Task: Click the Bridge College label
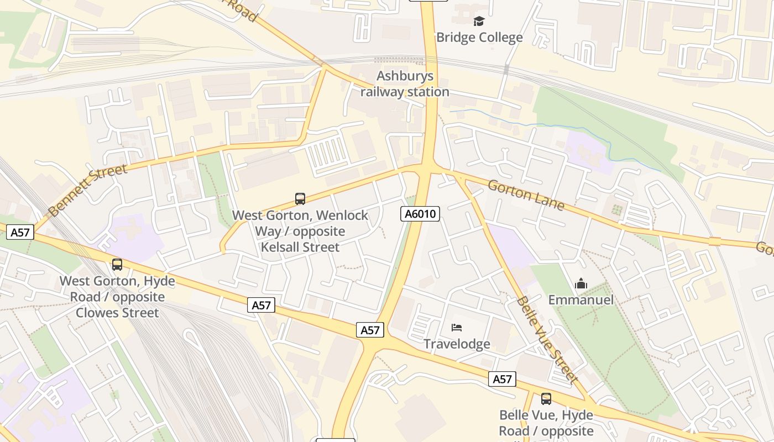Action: tap(479, 38)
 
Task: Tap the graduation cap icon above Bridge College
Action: tap(479, 22)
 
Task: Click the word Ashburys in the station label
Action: tap(405, 76)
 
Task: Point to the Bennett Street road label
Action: tap(88, 190)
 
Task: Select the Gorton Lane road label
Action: tap(526, 194)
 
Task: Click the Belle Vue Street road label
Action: tap(547, 339)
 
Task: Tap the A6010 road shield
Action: tap(420, 214)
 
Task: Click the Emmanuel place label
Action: tap(581, 300)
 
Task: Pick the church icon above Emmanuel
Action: tap(581, 284)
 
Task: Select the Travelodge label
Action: tap(457, 344)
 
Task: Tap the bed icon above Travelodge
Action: tap(457, 328)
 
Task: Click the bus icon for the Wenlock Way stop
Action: tap(300, 199)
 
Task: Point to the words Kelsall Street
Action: tap(300, 247)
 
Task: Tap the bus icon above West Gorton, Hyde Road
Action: tap(117, 265)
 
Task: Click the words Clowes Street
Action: tap(117, 313)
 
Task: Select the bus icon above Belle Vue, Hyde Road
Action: tap(546, 399)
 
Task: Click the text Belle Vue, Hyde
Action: tap(546, 415)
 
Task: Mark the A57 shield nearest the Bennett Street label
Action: tap(20, 233)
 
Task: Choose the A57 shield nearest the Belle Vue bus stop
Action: tap(502, 379)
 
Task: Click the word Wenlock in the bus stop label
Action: tap(336, 215)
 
